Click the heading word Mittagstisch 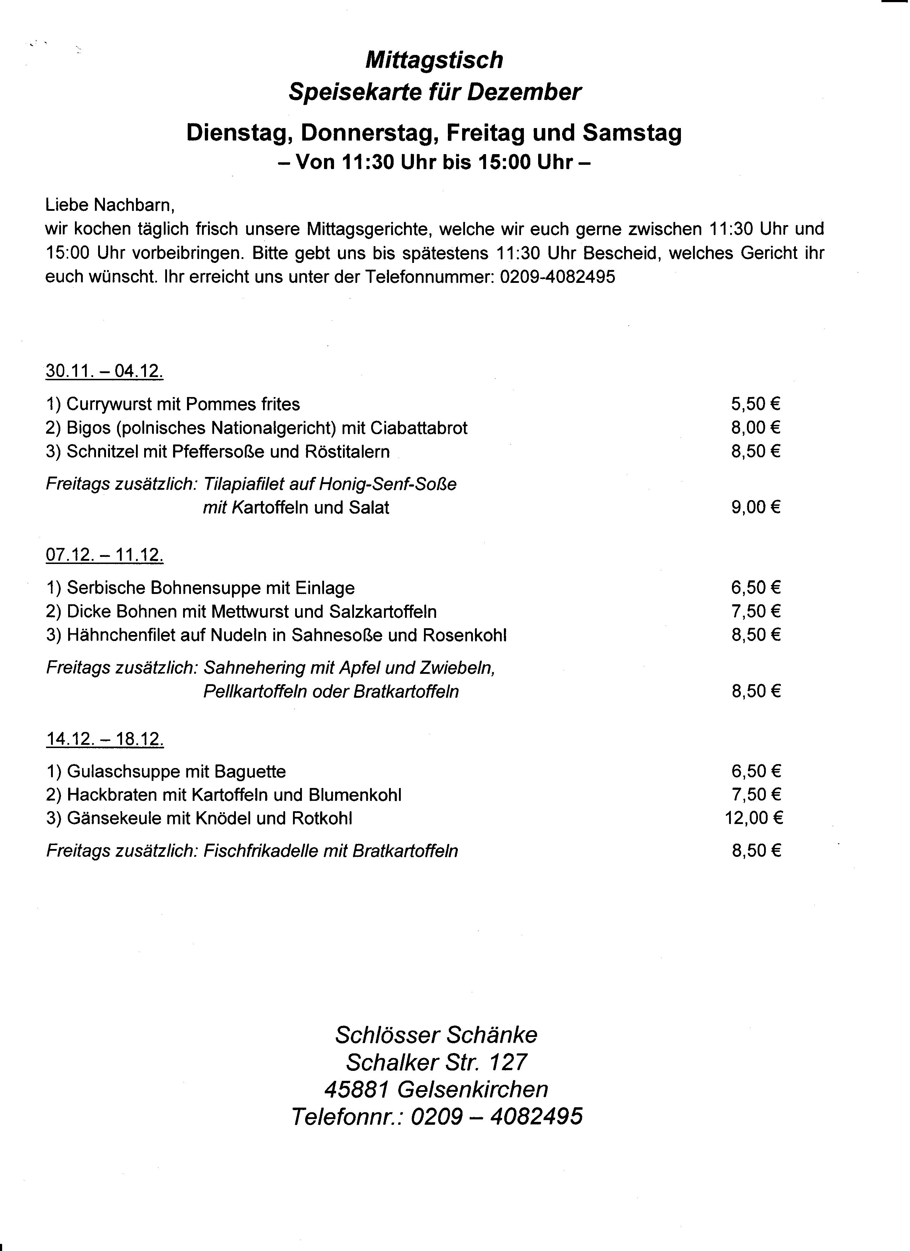[434, 60]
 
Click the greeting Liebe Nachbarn [110, 205]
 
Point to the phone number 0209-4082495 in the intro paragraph [557, 277]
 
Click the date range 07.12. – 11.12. [104, 555]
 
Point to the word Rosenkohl [465, 635]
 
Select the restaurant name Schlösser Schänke [436, 1035]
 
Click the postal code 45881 [357, 1089]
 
